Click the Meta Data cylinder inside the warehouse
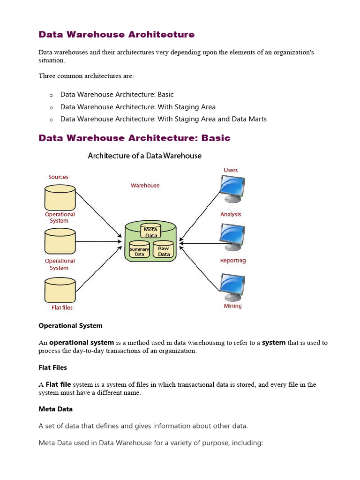click(x=150, y=231)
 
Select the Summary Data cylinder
click(x=139, y=250)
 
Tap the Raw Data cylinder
click(x=164, y=250)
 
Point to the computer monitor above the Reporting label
click(x=232, y=237)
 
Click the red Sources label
click(x=59, y=177)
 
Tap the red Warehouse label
click(x=145, y=186)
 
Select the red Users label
click(x=231, y=170)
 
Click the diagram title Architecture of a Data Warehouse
click(x=144, y=156)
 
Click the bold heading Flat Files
click(x=52, y=367)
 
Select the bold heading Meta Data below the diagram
click(x=55, y=409)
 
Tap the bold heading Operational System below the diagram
click(x=70, y=325)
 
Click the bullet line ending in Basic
click(x=117, y=95)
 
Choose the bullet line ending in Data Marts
click(x=163, y=119)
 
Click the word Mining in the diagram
click(x=232, y=306)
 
